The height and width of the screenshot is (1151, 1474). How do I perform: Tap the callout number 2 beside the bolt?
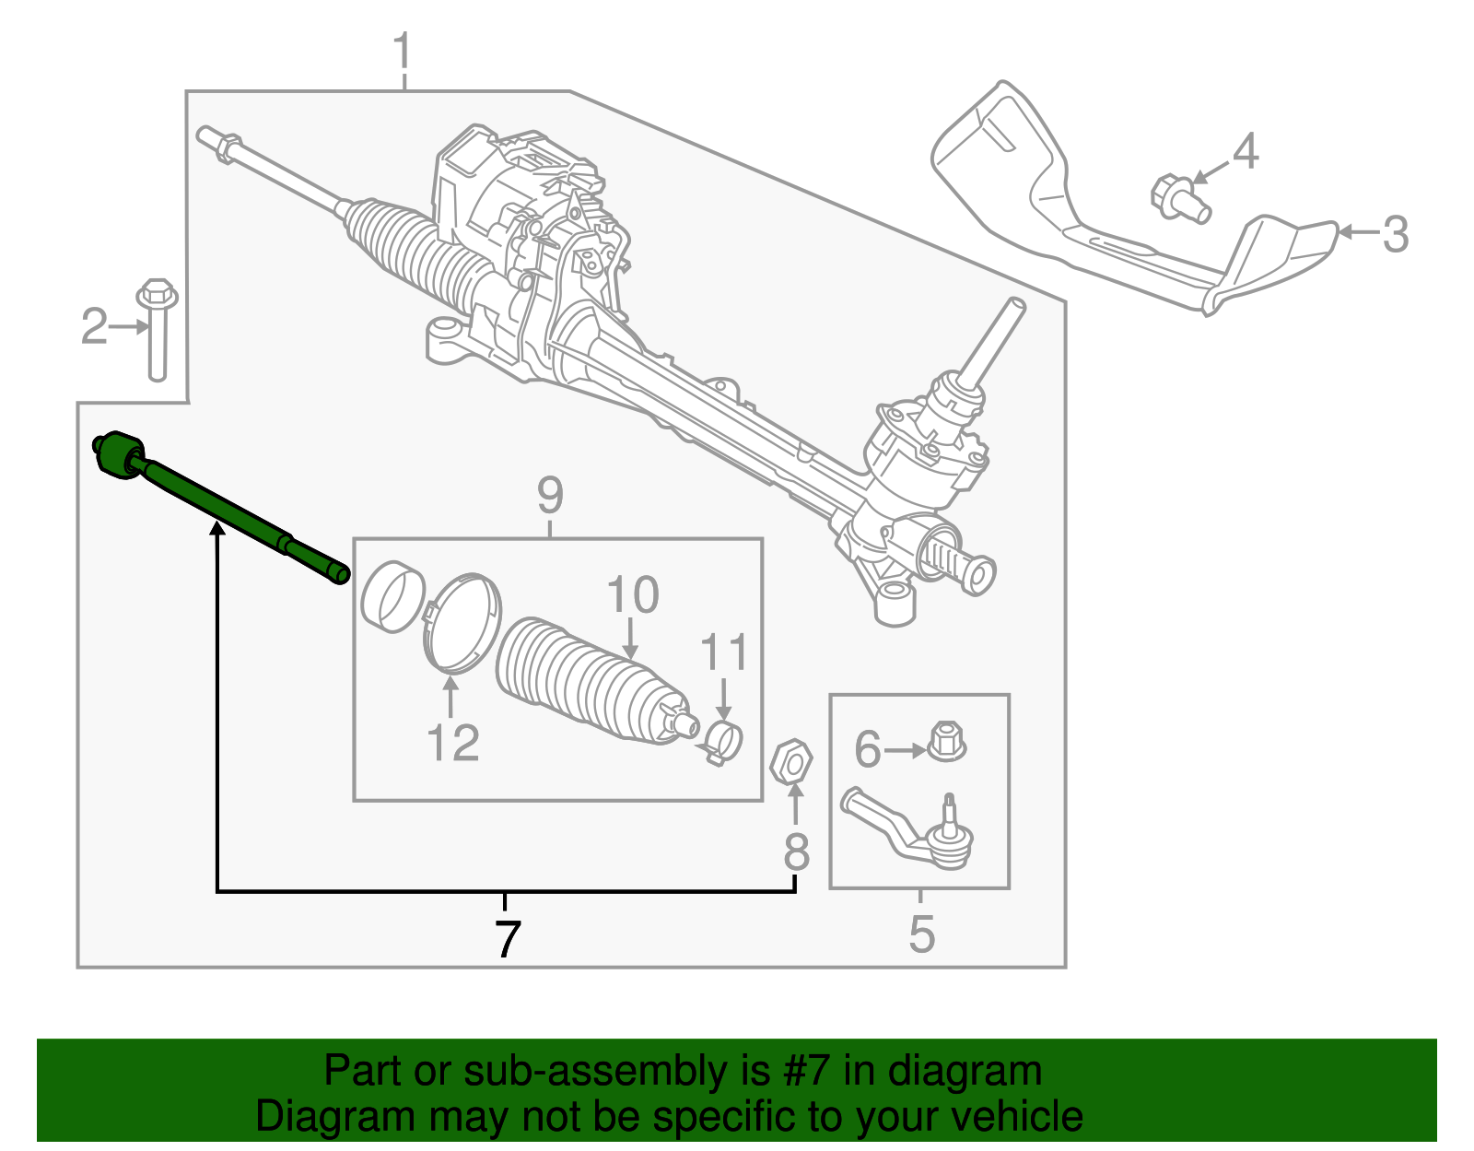point(94,327)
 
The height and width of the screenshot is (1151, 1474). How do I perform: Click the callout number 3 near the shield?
point(1396,234)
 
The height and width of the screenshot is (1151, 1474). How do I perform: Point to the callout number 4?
point(1245,151)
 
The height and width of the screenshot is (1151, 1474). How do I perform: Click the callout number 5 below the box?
point(921,934)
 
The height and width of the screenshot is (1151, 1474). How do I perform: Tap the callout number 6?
point(867,748)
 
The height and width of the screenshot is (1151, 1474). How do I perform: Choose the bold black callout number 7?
point(507,938)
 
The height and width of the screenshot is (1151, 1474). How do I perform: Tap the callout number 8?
point(796,852)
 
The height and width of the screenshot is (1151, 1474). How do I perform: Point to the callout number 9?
point(550,496)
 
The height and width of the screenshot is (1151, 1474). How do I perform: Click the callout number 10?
point(633,594)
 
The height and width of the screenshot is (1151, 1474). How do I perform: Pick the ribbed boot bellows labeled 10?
point(590,682)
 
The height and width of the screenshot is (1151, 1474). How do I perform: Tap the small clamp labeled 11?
point(723,740)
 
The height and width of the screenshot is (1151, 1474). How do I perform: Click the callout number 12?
point(452,743)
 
